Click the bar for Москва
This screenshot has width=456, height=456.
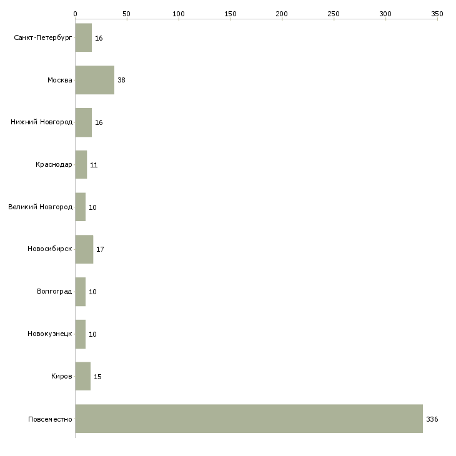click(x=95, y=80)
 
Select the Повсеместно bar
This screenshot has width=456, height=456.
click(x=249, y=419)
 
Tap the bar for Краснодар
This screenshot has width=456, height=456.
click(x=81, y=165)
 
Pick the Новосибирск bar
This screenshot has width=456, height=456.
click(x=84, y=249)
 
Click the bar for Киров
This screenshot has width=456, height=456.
click(x=83, y=376)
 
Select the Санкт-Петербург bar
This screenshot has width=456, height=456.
click(x=84, y=37)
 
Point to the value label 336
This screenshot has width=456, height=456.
click(x=432, y=419)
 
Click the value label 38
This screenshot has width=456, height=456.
click(x=121, y=80)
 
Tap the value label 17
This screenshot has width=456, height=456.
click(x=100, y=249)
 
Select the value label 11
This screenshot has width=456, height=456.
click(x=94, y=165)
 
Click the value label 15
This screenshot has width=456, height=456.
click(x=97, y=377)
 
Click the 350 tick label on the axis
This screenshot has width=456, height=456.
click(x=437, y=14)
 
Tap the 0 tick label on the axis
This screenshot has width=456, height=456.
click(x=76, y=14)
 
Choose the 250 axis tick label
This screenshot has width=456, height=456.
click(x=334, y=14)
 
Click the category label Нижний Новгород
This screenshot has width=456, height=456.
click(x=42, y=122)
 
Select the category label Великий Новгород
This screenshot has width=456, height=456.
click(x=41, y=207)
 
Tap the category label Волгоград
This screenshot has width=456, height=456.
click(x=54, y=291)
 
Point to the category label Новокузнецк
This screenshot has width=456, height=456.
click(x=50, y=334)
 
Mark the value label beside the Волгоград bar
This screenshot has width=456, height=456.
click(x=92, y=292)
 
